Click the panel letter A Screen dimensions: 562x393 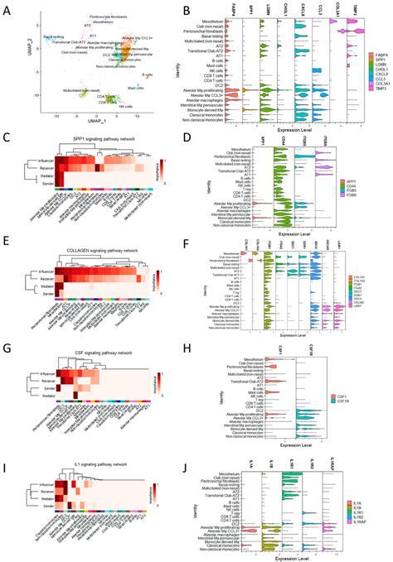tap(7, 7)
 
